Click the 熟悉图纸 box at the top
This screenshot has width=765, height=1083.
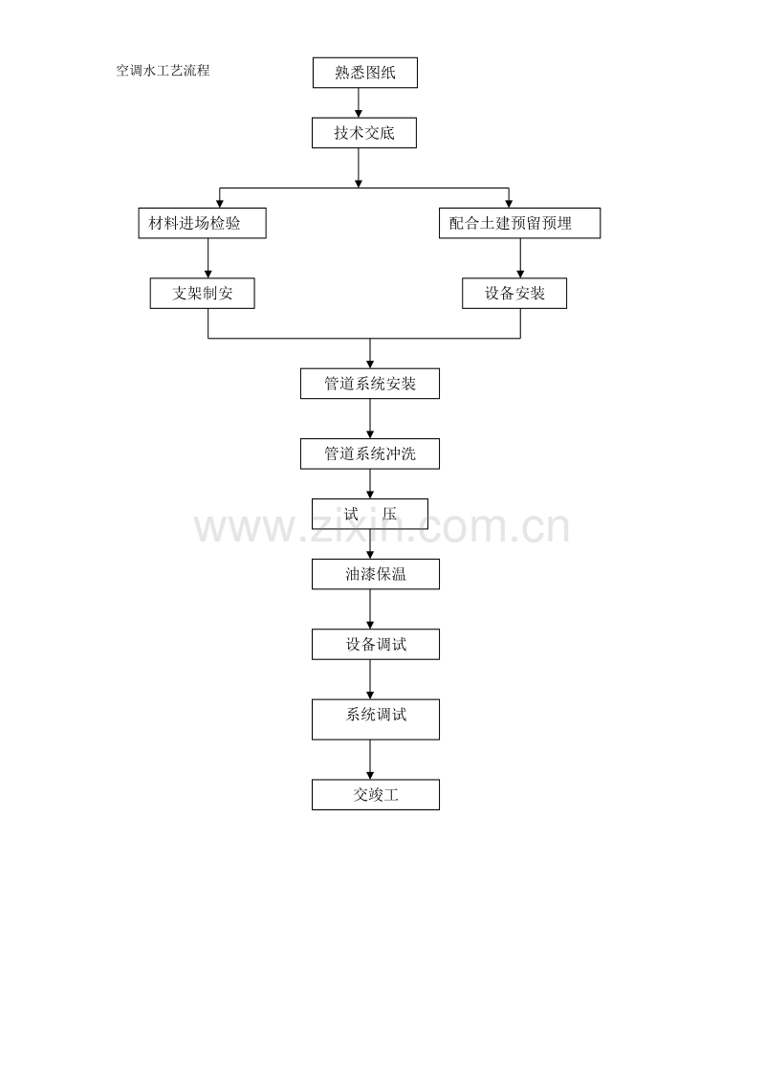pos(364,73)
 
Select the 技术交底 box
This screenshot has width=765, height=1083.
pos(364,133)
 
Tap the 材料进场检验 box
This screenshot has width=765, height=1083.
pos(203,223)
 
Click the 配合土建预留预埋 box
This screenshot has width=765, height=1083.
pos(520,223)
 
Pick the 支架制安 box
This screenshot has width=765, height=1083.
pos(203,294)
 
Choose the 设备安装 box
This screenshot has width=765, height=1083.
pos(514,294)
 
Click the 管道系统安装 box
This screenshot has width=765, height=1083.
pos(370,384)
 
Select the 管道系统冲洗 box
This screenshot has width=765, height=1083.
pos(370,453)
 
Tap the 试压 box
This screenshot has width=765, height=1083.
pos(370,514)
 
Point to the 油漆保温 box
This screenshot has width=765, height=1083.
pos(376,574)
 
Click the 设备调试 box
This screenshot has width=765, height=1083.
pos(376,645)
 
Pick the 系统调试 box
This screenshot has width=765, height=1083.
pos(376,719)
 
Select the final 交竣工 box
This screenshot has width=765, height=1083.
pos(376,795)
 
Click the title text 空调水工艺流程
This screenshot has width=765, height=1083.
pos(163,71)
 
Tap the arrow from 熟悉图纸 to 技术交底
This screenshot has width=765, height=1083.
pos(359,103)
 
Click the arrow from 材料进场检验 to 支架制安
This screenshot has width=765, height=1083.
pos(208,258)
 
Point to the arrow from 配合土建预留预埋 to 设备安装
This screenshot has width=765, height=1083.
pos(520,258)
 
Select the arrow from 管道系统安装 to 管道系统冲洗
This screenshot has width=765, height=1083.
pos(370,418)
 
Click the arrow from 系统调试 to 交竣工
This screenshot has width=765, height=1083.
pos(370,760)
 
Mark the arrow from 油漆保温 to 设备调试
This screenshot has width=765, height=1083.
pos(370,609)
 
